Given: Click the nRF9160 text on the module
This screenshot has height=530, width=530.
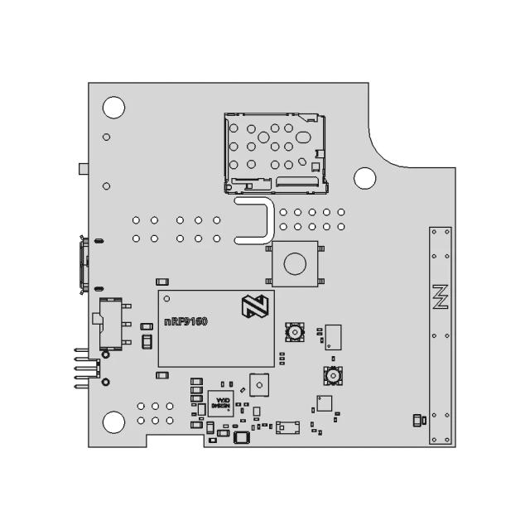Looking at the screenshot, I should pyautogui.click(x=185, y=322).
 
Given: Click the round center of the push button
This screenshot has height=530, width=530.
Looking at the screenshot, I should pyautogui.click(x=294, y=263).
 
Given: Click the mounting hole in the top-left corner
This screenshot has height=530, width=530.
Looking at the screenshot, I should pyautogui.click(x=113, y=107).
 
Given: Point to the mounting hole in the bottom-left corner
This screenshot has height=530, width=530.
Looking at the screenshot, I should pyautogui.click(x=113, y=422).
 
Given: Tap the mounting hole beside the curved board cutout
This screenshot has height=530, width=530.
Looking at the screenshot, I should pyautogui.click(x=364, y=177).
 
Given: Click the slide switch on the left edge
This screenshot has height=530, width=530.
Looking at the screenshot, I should pyautogui.click(x=108, y=322).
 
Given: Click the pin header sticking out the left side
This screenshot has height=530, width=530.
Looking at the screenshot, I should pyautogui.click(x=86, y=366).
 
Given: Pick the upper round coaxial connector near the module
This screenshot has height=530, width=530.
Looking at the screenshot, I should pyautogui.click(x=294, y=332).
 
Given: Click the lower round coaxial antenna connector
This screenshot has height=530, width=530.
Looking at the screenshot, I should pyautogui.click(x=333, y=377).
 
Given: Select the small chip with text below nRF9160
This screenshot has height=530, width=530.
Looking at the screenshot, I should pyautogui.click(x=219, y=402).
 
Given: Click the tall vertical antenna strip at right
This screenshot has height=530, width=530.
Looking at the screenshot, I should pyautogui.click(x=440, y=335).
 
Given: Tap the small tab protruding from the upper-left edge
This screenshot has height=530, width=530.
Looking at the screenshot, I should pyautogui.click(x=83, y=169).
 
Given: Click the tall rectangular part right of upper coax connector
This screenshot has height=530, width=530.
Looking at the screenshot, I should pyautogui.click(x=334, y=336).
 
